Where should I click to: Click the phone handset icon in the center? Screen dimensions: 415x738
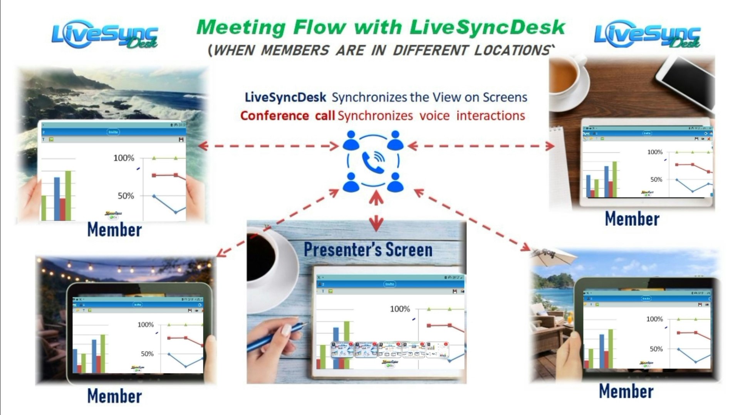[373, 162]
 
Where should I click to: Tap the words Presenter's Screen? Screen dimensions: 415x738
[368, 250]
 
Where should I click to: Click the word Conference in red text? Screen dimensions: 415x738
[274, 116]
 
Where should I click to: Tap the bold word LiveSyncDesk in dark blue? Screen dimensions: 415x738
[285, 97]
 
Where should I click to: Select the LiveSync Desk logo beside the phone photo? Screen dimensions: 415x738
[647, 35]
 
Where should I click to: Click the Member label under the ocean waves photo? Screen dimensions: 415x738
[114, 230]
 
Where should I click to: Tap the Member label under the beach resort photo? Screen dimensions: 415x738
[626, 391]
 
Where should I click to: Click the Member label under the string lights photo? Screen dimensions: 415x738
[114, 396]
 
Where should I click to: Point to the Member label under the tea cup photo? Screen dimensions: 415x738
[632, 218]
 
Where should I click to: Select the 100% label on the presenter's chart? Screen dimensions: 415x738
[400, 309]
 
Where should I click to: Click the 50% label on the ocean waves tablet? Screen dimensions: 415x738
[126, 196]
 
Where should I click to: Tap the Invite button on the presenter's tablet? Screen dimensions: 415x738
[389, 284]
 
